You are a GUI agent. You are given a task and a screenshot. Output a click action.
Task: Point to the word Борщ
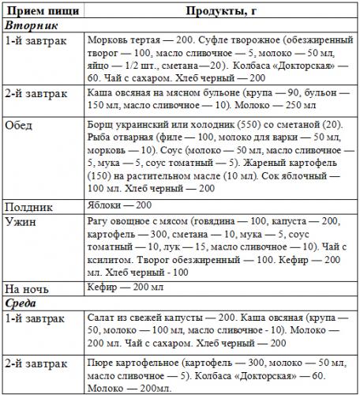(100, 124)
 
